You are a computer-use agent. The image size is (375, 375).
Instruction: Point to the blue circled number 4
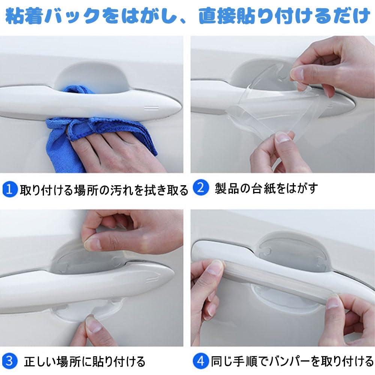point(201,361)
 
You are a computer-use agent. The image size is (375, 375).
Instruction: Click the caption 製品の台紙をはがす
point(266,188)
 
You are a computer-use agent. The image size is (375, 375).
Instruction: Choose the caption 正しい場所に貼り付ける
point(84,362)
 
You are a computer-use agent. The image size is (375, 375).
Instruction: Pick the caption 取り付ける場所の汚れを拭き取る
point(103,190)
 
